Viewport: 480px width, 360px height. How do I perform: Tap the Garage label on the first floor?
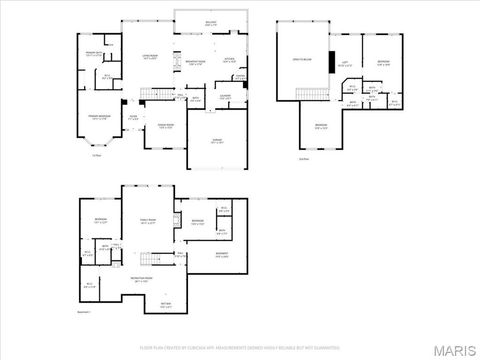tap(216, 141)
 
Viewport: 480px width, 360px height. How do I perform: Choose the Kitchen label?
tap(229, 60)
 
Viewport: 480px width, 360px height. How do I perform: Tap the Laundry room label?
tap(225, 96)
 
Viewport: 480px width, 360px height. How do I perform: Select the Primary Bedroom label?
tap(101, 118)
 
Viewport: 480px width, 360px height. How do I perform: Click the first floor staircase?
tap(149, 94)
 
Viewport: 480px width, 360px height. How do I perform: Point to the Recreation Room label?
tap(141, 281)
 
